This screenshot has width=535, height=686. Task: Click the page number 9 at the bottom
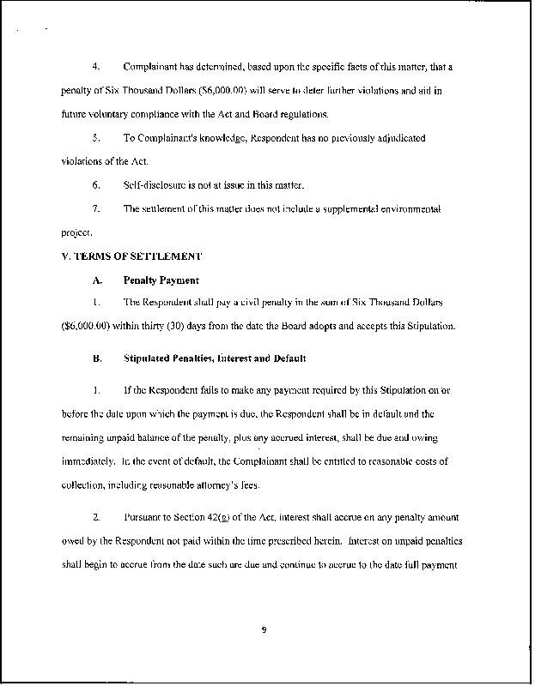[264, 631]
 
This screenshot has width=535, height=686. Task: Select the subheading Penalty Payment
[161, 280]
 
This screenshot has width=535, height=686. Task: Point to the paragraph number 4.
[96, 66]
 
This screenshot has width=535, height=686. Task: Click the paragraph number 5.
[96, 137]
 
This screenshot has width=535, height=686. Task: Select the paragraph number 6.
[96, 184]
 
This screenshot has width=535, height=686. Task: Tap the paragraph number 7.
[96, 208]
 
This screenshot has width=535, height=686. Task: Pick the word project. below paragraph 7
[76, 232]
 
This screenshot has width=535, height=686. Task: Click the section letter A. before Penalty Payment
[97, 280]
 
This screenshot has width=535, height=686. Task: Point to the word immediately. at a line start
[89, 461]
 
